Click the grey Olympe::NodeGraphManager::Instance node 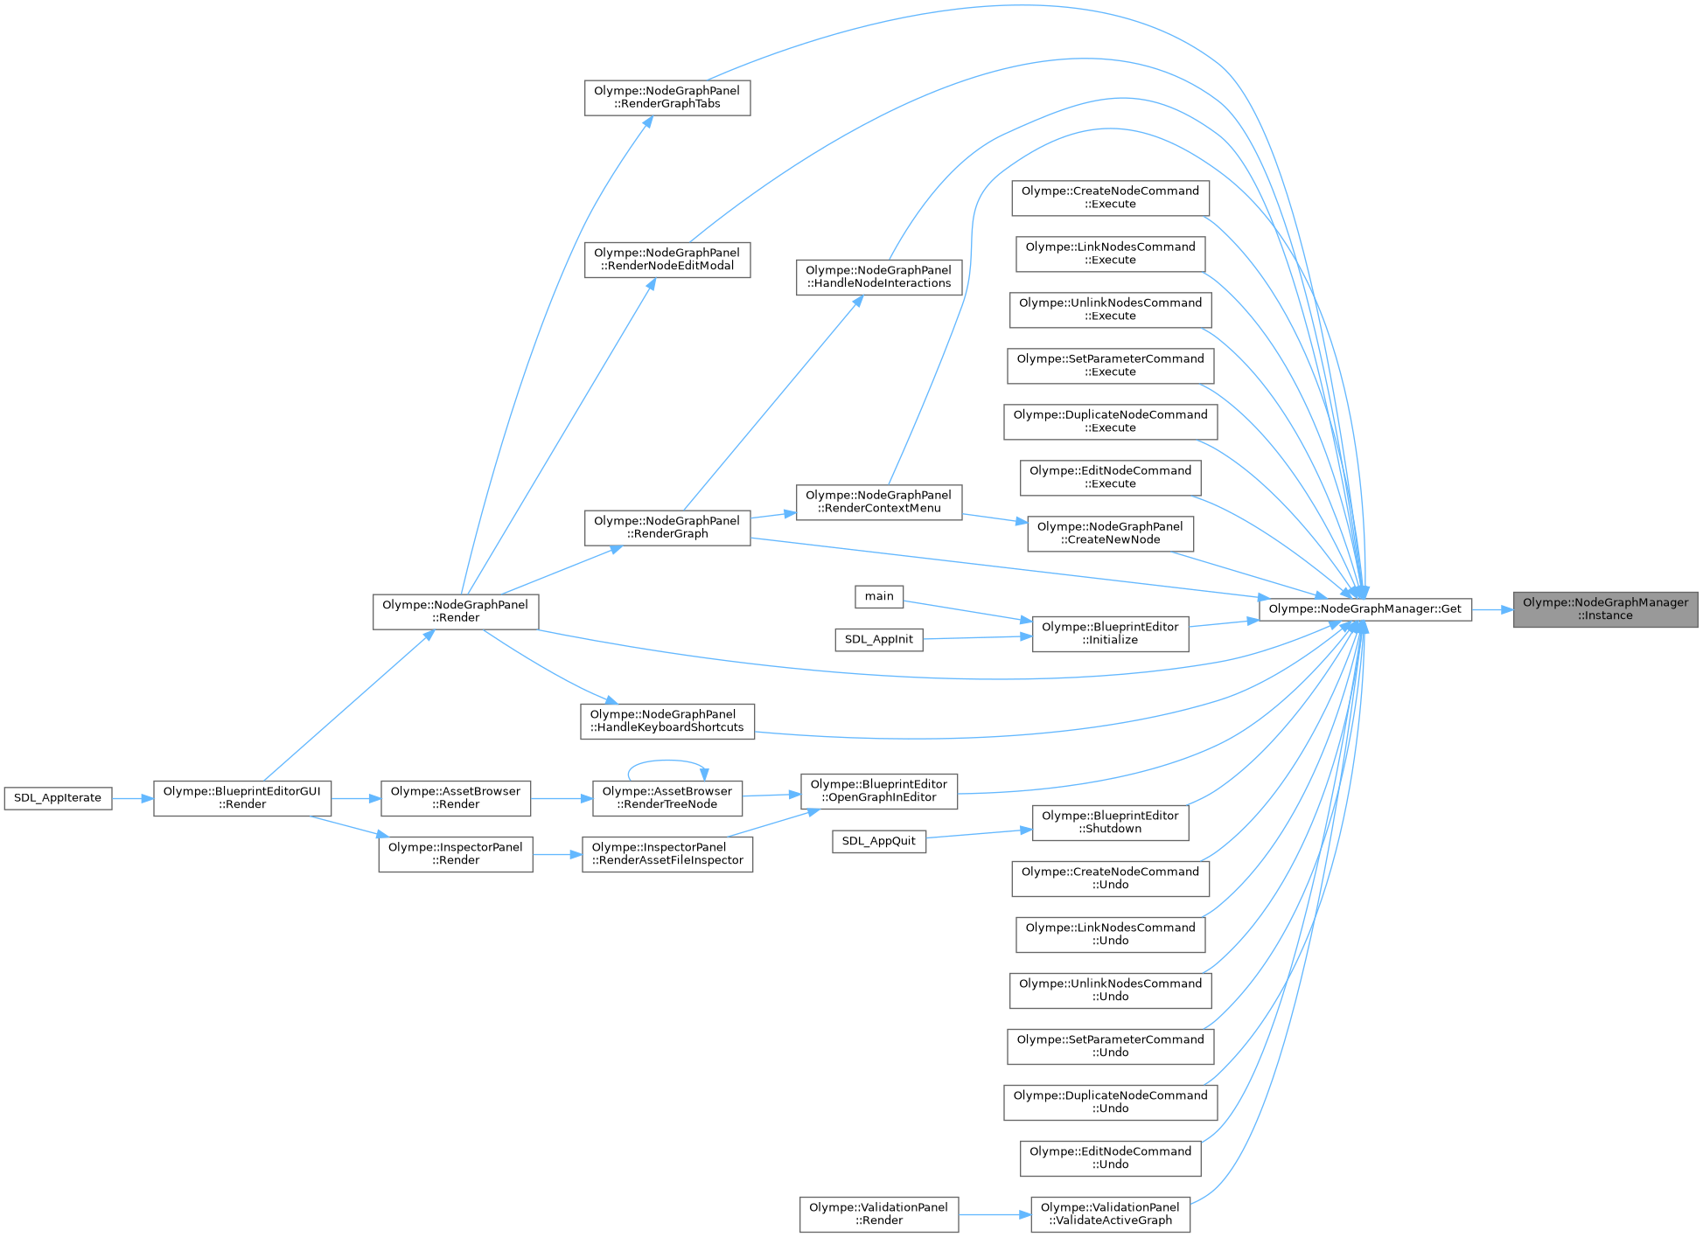coord(1605,609)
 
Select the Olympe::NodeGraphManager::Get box coord(1364,609)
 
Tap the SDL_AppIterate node coord(58,798)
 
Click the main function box coord(879,596)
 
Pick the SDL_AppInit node coord(878,639)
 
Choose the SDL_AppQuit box coord(878,841)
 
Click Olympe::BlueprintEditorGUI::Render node coord(242,798)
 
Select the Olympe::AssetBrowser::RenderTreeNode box coord(667,798)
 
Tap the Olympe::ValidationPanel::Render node coord(878,1214)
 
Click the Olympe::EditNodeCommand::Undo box coord(1110,1158)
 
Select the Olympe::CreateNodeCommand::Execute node coord(1110,198)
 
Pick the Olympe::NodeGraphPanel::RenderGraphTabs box coord(667,97)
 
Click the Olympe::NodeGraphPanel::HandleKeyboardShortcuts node coord(667,721)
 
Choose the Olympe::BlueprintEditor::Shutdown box coord(1110,823)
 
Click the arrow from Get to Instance coord(1492,609)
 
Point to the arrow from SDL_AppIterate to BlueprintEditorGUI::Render coord(132,798)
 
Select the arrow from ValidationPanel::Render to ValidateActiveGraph coord(995,1214)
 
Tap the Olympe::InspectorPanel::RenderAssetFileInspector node coord(667,854)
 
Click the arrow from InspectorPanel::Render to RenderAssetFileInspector coord(557,854)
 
